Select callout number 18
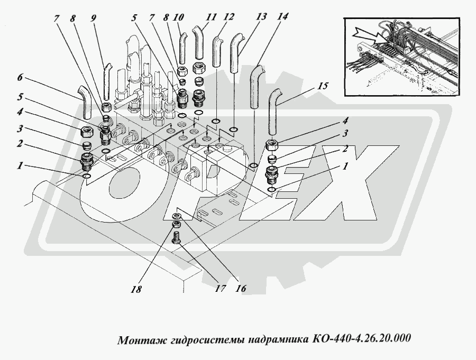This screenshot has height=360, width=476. [136, 289]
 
